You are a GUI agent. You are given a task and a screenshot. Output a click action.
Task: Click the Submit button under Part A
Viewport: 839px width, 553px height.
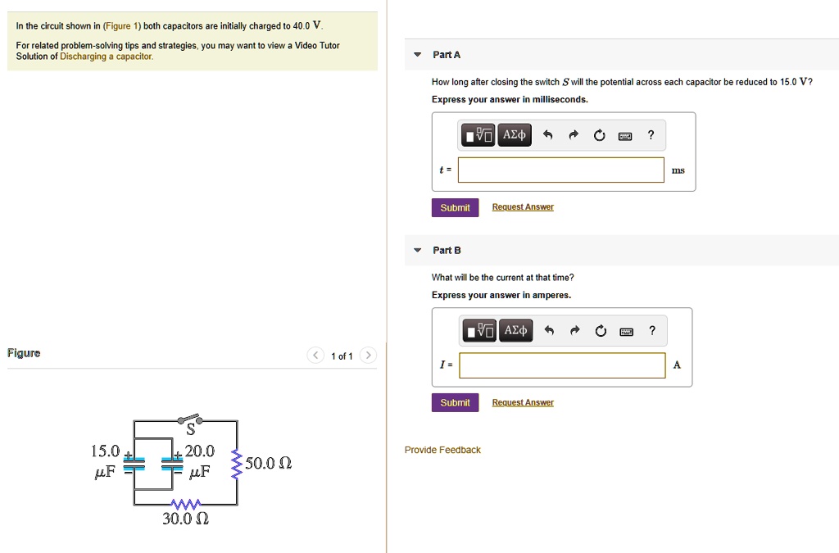pos(455,207)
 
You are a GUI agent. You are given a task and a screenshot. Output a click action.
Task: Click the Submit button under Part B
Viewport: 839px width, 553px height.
pos(455,403)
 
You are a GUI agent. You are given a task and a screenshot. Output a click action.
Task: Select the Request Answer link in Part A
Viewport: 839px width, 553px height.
pos(523,207)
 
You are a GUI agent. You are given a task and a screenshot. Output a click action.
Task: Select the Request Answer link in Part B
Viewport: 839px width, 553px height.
pos(523,403)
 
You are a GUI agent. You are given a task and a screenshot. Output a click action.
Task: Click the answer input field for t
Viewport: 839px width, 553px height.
pos(560,170)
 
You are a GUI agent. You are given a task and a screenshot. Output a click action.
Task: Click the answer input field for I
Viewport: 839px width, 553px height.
pos(562,365)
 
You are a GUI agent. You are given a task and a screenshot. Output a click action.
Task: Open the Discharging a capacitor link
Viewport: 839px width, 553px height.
pos(107,57)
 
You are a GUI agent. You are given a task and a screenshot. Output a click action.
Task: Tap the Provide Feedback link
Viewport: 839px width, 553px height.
pos(442,450)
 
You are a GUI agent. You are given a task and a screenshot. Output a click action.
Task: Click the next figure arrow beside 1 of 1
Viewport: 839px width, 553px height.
pos(368,355)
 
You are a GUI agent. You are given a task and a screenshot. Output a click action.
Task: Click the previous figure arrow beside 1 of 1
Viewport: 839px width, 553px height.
pos(315,355)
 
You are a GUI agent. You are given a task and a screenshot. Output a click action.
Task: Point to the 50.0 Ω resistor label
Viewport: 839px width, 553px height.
pos(268,463)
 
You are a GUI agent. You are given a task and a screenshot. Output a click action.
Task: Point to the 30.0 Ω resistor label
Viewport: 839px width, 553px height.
pos(186,519)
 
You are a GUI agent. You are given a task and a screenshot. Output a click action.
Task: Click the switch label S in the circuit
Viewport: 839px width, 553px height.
pos(190,429)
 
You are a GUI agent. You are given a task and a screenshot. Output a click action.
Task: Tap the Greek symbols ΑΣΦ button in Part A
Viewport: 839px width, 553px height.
pos(515,135)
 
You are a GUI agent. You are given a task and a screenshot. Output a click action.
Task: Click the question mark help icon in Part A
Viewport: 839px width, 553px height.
pos(651,135)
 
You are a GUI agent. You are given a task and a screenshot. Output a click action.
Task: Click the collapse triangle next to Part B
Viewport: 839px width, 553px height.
pos(417,251)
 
